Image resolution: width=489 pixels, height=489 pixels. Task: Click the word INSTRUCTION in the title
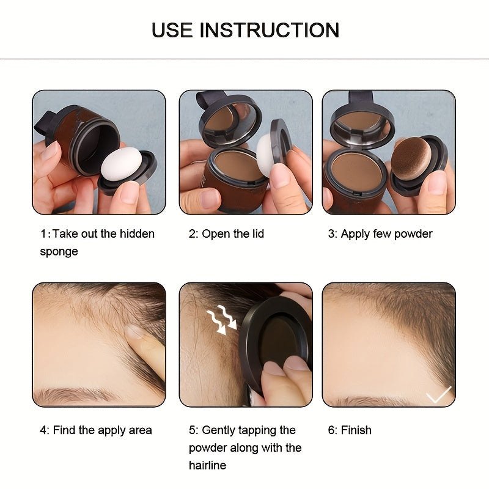point(270,30)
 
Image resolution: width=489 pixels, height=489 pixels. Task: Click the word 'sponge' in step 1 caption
point(59,252)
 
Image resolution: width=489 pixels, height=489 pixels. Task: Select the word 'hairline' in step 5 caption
point(207,466)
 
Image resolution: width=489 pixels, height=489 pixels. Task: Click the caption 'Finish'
point(356,430)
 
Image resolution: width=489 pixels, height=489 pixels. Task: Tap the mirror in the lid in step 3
point(359,120)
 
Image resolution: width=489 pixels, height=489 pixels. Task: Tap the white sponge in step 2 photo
point(267,155)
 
